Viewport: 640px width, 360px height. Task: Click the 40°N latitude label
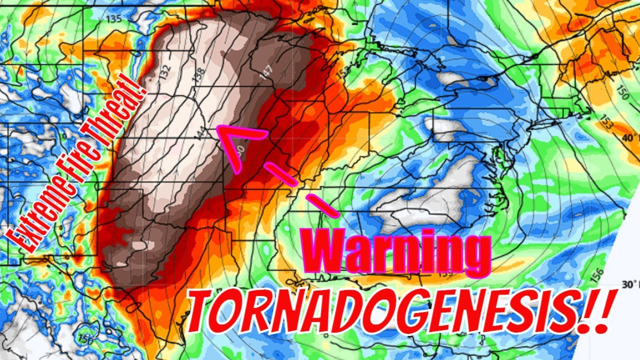point(631,137)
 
